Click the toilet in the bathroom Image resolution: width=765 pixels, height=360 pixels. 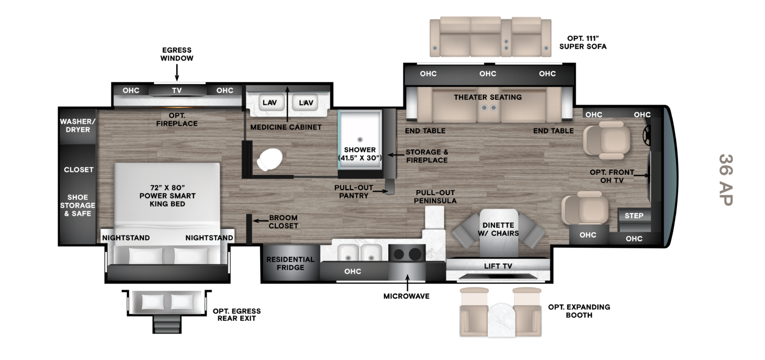pyautogui.click(x=269, y=159)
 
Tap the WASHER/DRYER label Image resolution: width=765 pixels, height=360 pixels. pyautogui.click(x=78, y=126)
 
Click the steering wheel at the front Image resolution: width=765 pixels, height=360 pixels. pyautogui.click(x=647, y=137)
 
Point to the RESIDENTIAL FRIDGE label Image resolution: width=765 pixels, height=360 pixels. pyautogui.click(x=290, y=263)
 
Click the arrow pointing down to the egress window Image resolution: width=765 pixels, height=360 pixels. pyautogui.click(x=177, y=72)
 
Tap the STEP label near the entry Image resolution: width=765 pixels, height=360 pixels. pyautogui.click(x=634, y=216)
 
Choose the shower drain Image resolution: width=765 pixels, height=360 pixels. pyautogui.click(x=359, y=139)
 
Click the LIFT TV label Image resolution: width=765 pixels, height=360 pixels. pyautogui.click(x=498, y=266)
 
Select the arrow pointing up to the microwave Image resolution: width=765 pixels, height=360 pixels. pyautogui.click(x=407, y=283)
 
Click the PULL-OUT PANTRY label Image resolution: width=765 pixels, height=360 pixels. pyautogui.click(x=354, y=192)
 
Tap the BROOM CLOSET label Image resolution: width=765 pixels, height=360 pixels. pyautogui.click(x=283, y=222)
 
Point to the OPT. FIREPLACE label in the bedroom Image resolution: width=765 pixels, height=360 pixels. pyautogui.click(x=177, y=119)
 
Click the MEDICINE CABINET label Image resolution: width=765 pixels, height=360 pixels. pyautogui.click(x=286, y=127)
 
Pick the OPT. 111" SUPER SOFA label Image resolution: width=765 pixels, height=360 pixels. pyautogui.click(x=582, y=42)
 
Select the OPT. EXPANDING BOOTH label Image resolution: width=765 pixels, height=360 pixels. pyautogui.click(x=579, y=311)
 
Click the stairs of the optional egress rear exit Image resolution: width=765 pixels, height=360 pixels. pyautogui.click(x=167, y=324)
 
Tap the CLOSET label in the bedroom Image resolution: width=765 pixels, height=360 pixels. pyautogui.click(x=78, y=170)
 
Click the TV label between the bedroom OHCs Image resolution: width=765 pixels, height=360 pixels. pyautogui.click(x=177, y=91)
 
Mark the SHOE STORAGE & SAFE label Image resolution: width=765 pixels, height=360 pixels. pyautogui.click(x=77, y=205)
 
